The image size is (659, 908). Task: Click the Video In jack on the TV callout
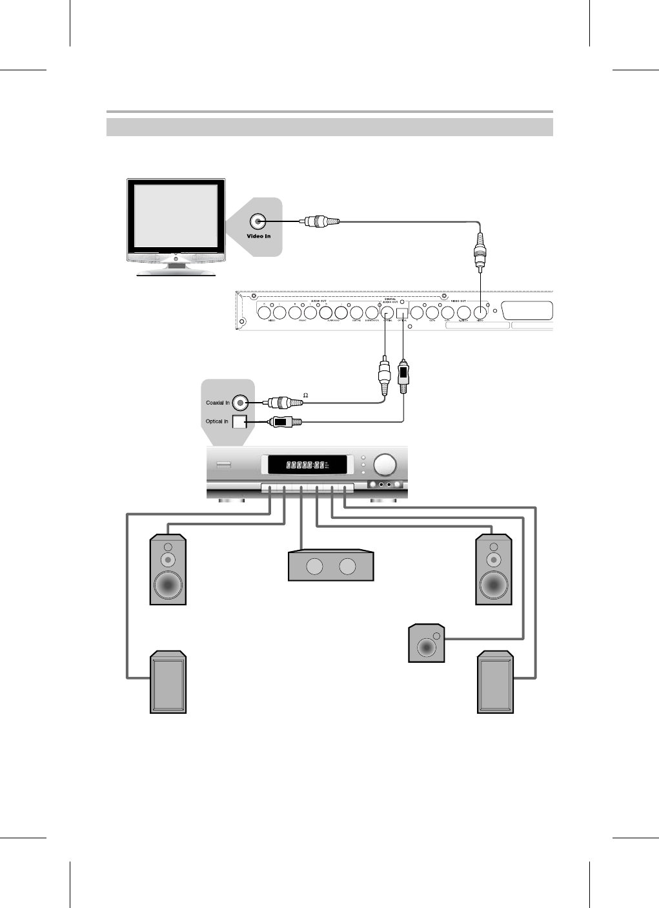coord(258,221)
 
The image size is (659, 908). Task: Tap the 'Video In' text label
coord(259,236)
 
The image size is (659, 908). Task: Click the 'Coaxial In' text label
coord(218,403)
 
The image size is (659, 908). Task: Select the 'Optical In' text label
coord(217,421)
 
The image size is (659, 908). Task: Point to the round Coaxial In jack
coord(241,403)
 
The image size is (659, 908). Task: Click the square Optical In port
coord(239,422)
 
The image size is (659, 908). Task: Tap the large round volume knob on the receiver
coord(386,464)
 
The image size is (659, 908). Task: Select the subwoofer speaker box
coord(427,643)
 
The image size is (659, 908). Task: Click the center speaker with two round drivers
coord(330,566)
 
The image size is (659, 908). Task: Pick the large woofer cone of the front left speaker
coord(168,585)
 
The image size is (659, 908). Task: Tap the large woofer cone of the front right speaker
coord(494,585)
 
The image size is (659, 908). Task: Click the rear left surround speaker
coord(168,682)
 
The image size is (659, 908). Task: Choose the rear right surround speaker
coord(495,682)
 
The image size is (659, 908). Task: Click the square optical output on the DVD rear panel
coord(402,313)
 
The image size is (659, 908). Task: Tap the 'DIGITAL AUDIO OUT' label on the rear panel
coord(390,301)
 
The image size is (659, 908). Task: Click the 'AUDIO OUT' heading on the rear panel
coord(319,301)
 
